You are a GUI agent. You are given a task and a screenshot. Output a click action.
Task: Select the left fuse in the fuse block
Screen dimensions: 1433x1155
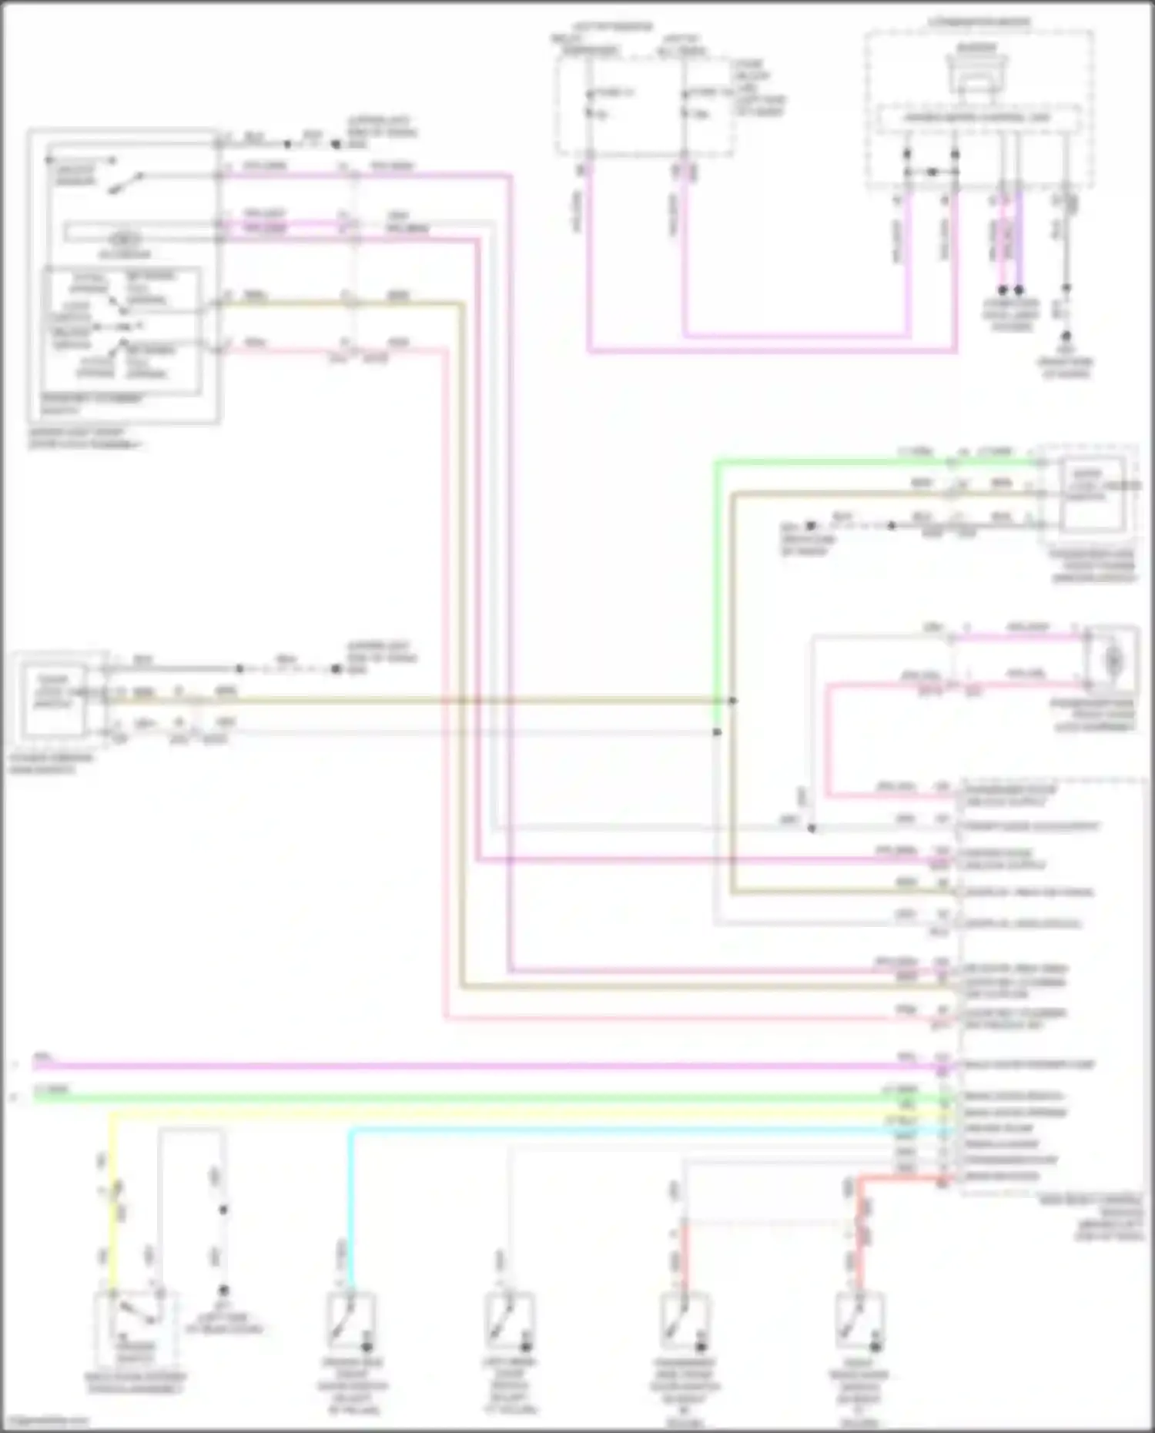[589, 104]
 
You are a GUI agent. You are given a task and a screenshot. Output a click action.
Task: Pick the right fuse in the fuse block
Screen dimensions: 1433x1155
[684, 104]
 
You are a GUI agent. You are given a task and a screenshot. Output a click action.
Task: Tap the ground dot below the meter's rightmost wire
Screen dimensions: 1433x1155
[1066, 336]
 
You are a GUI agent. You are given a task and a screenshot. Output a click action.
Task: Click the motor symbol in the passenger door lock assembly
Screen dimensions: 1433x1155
[1112, 661]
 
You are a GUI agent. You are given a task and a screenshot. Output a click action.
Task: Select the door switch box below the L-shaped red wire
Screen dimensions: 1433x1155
[859, 1323]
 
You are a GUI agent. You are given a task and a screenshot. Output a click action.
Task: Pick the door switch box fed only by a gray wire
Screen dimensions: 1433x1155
[510, 1323]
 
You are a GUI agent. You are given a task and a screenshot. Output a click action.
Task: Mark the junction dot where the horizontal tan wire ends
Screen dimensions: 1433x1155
[732, 701]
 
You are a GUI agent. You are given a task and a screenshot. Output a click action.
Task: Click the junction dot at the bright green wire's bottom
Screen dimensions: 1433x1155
[717, 732]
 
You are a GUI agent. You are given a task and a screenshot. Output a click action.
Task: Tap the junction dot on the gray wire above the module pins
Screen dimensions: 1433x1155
[812, 829]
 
